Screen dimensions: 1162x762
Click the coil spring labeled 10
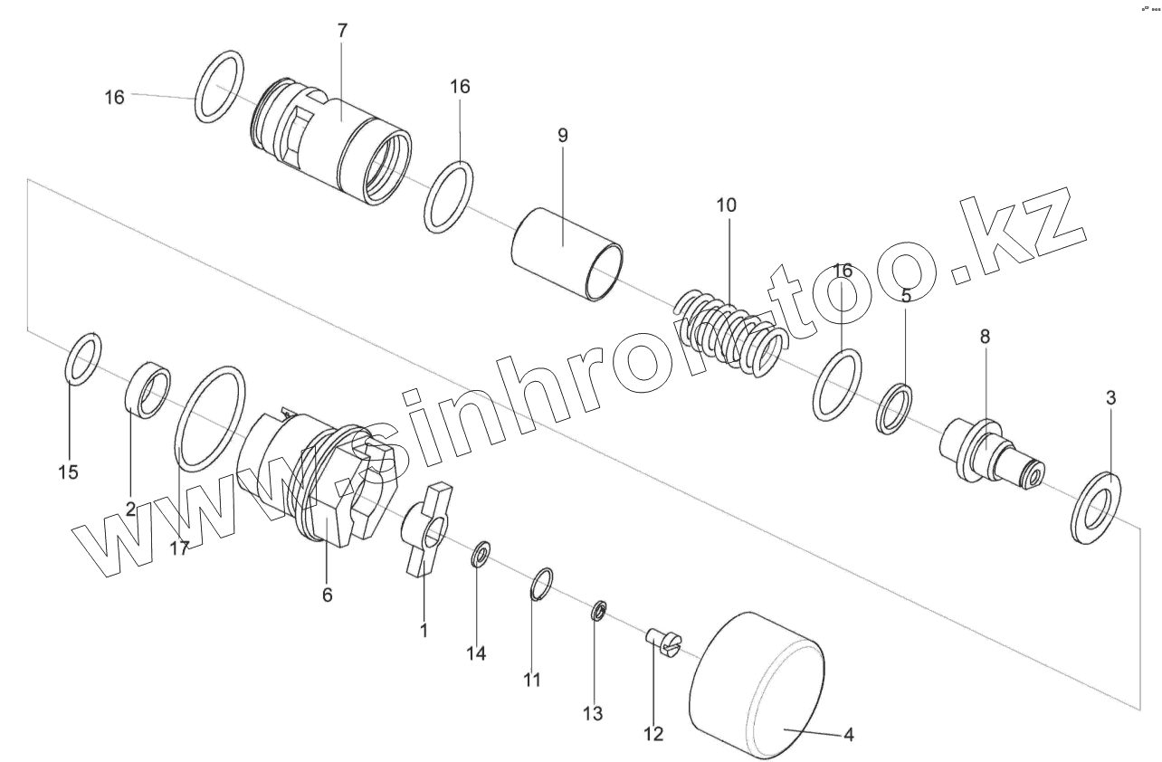point(729,331)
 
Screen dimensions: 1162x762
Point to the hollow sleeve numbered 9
point(567,253)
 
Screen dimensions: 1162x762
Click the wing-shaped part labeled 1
point(424,529)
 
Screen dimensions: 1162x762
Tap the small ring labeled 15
point(84,357)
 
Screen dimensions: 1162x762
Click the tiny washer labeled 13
point(598,611)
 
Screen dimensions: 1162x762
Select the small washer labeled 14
point(480,553)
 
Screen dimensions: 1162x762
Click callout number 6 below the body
point(328,595)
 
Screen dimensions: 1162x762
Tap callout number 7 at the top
point(341,30)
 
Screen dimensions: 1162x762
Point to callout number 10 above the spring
point(726,205)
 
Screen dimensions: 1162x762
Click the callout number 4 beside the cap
point(848,735)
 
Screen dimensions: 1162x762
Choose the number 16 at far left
point(114,97)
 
